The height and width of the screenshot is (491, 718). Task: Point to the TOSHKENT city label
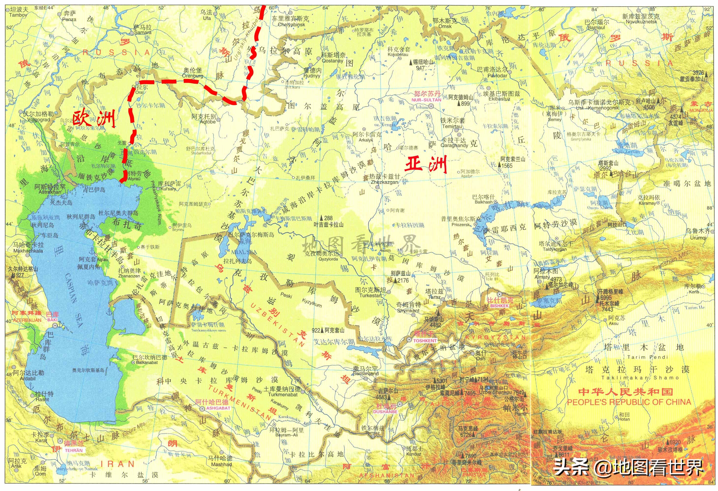point(425,341)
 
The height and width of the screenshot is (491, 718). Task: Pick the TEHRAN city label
point(74,450)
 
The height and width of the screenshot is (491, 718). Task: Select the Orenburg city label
point(193,76)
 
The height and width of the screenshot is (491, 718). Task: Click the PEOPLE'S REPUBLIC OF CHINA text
point(629,402)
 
